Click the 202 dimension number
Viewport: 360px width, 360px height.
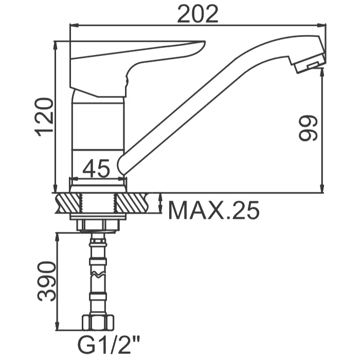tap(197, 14)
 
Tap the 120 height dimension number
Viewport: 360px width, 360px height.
tap(44, 117)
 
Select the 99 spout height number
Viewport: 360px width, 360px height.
tap(308, 128)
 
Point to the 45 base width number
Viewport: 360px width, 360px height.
tap(96, 169)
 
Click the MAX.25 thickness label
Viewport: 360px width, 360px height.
tap(214, 210)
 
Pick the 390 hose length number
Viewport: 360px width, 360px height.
tap(47, 281)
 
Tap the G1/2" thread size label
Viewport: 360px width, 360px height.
tap(109, 346)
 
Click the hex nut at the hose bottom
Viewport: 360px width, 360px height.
tap(98, 323)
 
